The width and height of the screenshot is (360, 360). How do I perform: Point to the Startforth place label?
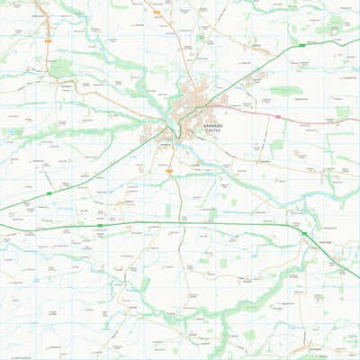coord(165,143)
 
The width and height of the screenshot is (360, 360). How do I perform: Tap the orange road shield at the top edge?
coord(157,12)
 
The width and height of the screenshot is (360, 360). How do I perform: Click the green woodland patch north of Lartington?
coord(60,67)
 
